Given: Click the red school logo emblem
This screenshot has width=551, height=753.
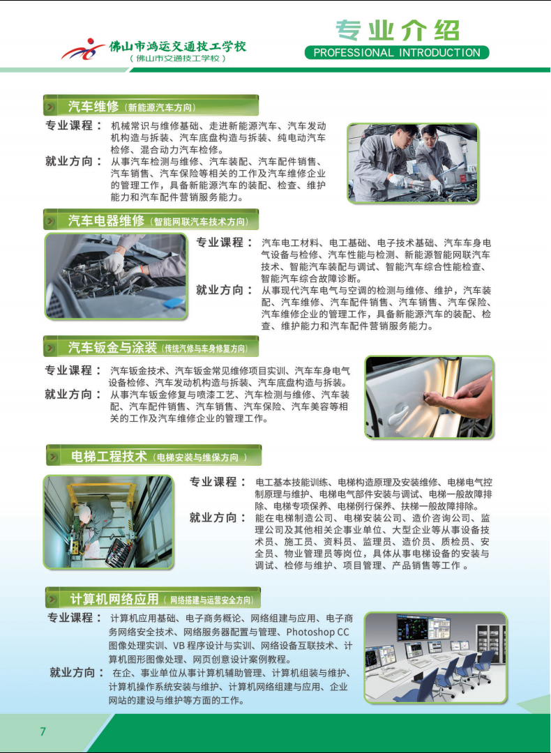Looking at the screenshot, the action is [x=82, y=50].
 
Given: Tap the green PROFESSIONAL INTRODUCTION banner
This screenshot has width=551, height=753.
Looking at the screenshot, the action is [x=397, y=53].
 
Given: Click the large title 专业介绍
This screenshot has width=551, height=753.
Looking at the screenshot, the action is [x=398, y=30].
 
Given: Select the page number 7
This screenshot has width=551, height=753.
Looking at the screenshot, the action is [x=43, y=731].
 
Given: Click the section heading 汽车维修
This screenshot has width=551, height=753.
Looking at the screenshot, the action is [x=93, y=107].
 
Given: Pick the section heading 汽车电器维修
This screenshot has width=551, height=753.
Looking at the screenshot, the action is [x=106, y=221].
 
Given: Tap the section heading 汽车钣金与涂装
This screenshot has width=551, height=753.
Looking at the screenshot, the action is [x=112, y=347].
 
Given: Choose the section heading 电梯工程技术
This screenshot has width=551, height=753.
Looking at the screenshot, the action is [x=109, y=456].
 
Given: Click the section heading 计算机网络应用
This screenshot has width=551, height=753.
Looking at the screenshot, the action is [x=114, y=599].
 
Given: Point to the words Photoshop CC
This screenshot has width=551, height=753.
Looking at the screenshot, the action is [x=317, y=632].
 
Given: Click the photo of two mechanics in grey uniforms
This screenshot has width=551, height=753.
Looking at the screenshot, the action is [x=413, y=162].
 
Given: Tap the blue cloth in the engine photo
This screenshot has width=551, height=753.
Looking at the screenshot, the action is [x=174, y=303].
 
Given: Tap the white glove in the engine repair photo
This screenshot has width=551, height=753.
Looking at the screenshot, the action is [x=114, y=263].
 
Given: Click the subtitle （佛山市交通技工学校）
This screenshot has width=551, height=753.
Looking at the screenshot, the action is [x=178, y=59].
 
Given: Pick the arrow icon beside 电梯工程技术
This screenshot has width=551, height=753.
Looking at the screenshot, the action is [x=53, y=456].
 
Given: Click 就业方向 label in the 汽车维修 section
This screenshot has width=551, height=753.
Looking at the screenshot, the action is [x=73, y=161].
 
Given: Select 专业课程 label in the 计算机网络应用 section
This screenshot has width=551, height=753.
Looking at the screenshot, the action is [x=75, y=618].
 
